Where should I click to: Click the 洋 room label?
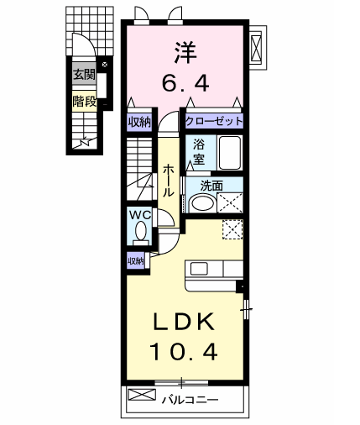click(x=186, y=51)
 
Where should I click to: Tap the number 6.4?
click(x=186, y=83)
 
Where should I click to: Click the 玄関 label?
click(x=82, y=75)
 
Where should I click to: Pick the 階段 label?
click(x=82, y=102)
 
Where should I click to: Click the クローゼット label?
click(x=214, y=121)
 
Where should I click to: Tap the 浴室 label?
click(x=200, y=150)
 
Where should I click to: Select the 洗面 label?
click(x=211, y=186)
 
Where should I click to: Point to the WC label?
click(x=139, y=215)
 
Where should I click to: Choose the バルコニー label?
click(x=190, y=397)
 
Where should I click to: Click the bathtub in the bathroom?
click(x=229, y=154)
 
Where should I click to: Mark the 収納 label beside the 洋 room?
click(x=139, y=121)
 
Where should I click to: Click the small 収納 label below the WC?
click(x=136, y=260)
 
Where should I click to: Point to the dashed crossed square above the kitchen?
click(x=232, y=229)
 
